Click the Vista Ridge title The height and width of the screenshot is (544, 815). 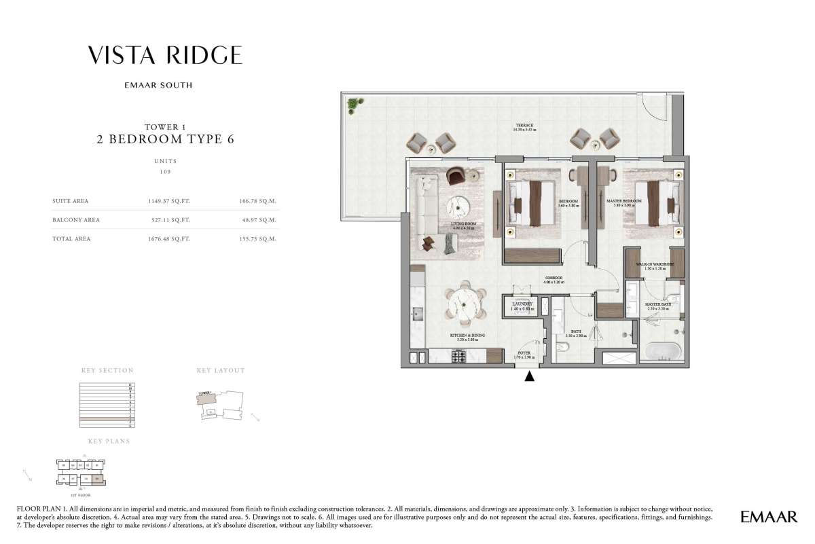164,56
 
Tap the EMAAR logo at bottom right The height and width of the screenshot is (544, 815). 769,518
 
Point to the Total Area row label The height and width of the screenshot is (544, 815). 71,239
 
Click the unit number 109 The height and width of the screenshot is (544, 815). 164,173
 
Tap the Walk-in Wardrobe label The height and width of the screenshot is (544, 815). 654,266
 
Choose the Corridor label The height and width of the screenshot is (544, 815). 554,279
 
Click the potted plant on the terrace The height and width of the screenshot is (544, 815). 354,105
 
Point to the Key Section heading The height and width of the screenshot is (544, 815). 107,371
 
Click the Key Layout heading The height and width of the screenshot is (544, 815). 221,371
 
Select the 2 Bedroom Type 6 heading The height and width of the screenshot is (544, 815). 164,140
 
